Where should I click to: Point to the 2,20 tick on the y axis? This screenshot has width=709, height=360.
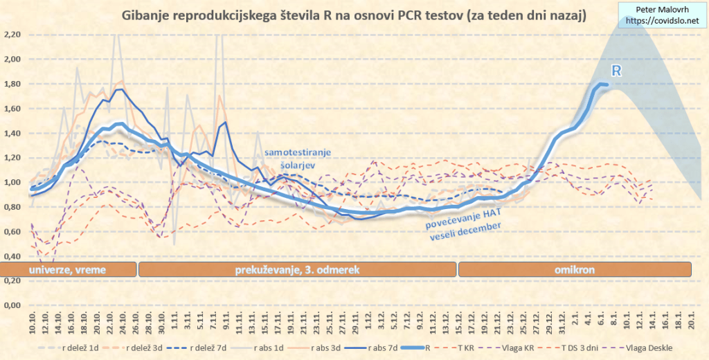click(x=12, y=35)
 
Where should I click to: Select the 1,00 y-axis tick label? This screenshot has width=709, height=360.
click(x=12, y=183)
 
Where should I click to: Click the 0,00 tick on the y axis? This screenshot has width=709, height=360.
click(x=12, y=305)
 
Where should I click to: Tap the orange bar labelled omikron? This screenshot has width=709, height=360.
click(x=575, y=269)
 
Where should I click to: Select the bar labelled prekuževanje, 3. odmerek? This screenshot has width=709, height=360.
click(x=298, y=269)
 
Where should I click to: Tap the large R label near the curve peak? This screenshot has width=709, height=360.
click(x=616, y=71)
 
